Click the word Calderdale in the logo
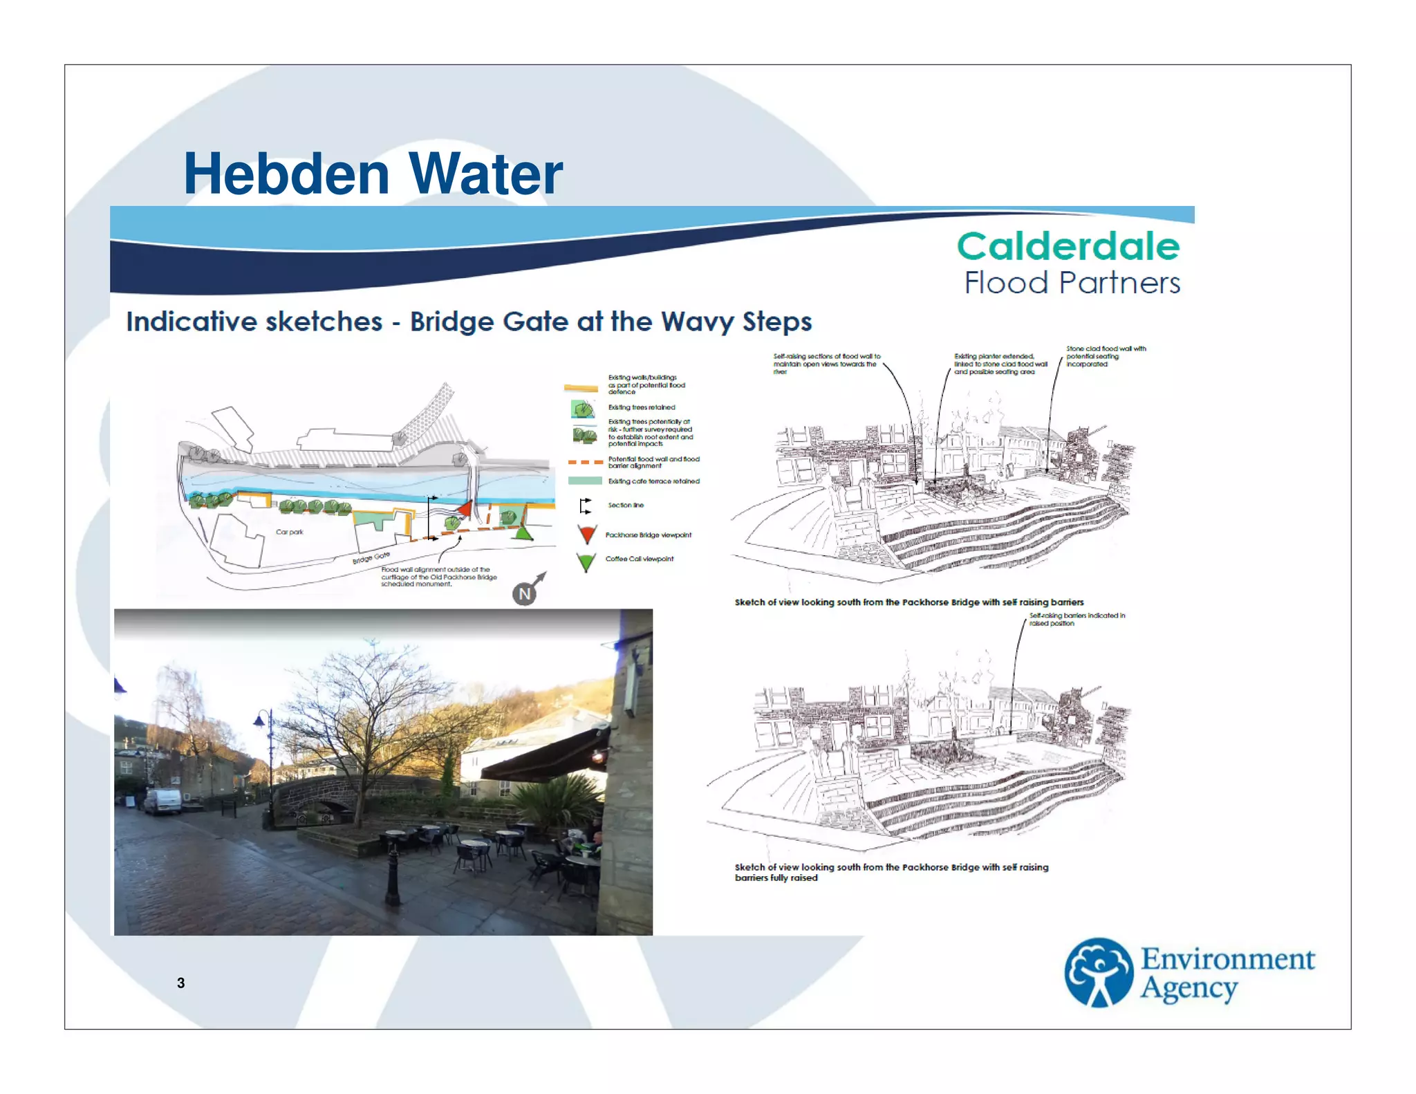click(x=1068, y=246)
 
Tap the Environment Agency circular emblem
click(x=1098, y=972)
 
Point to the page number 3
click(x=180, y=983)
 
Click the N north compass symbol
click(x=525, y=593)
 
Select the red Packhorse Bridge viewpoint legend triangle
click(x=587, y=534)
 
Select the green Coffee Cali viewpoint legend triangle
click(x=586, y=562)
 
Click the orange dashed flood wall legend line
click(x=585, y=462)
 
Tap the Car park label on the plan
click(x=289, y=532)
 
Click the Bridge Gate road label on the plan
click(x=371, y=557)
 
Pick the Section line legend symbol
click(x=585, y=506)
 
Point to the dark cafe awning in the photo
click(x=546, y=759)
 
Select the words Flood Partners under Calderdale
click(x=1072, y=283)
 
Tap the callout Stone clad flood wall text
click(x=1105, y=356)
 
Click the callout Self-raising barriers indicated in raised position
click(x=1076, y=619)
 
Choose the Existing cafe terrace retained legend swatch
click(x=585, y=481)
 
